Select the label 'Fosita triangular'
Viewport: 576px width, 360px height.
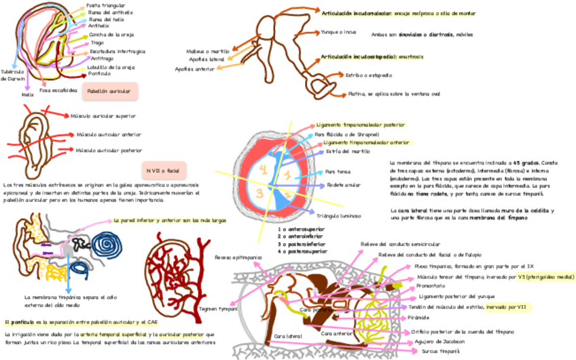(x=106, y=5)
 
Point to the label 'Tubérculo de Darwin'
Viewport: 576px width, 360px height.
(x=13, y=75)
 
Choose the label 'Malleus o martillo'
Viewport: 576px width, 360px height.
(x=207, y=51)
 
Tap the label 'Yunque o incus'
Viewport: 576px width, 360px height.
(x=338, y=32)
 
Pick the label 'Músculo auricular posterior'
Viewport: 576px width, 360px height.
(x=109, y=150)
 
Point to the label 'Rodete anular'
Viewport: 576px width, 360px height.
(x=343, y=185)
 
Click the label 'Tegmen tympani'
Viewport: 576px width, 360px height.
(x=217, y=308)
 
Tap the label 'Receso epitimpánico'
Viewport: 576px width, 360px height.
(x=233, y=257)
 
